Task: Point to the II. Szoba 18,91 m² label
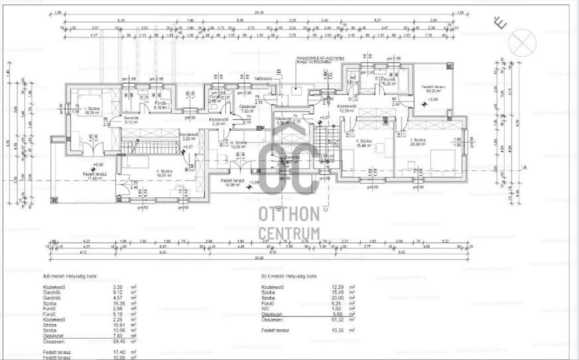pyautogui.click(x=164, y=173)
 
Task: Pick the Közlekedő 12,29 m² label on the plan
pyautogui.click(x=346, y=109)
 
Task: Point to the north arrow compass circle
pyautogui.click(x=522, y=42)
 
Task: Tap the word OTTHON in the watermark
pyautogui.click(x=289, y=214)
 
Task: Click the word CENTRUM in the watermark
pyautogui.click(x=289, y=233)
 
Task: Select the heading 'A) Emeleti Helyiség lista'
pyautogui.click(x=70, y=277)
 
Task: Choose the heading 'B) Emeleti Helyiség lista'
pyautogui.click(x=289, y=277)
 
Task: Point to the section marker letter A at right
pyautogui.click(x=524, y=168)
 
